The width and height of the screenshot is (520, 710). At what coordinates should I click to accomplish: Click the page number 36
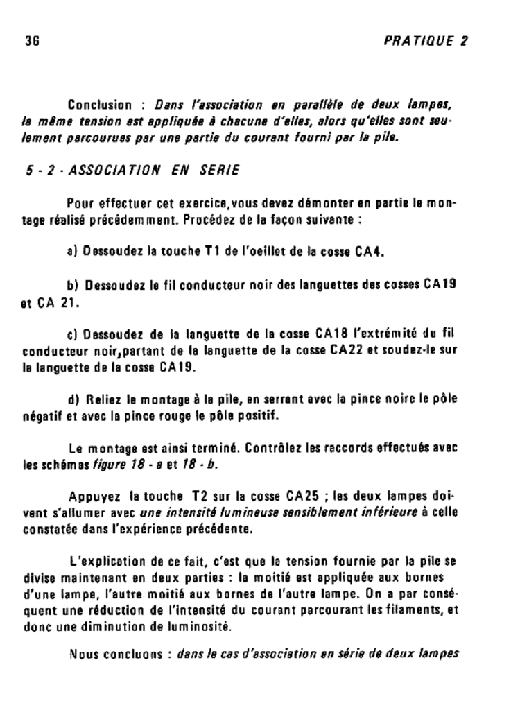(x=32, y=41)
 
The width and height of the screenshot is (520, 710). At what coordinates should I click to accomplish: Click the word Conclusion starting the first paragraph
(x=99, y=105)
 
